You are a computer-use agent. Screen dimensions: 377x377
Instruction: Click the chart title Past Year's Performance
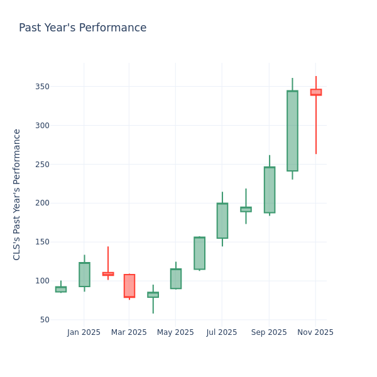point(82,28)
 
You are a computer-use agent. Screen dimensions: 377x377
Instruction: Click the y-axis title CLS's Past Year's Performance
point(17,194)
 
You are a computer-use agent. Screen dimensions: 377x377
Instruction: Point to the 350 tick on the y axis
point(42,87)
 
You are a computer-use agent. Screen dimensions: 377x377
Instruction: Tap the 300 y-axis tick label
point(42,126)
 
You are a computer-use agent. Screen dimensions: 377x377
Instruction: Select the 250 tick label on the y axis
point(42,165)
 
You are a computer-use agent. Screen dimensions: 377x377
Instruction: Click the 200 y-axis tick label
point(42,203)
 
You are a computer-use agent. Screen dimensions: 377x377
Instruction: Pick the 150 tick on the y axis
point(42,242)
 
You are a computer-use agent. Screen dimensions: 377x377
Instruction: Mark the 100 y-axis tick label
point(42,281)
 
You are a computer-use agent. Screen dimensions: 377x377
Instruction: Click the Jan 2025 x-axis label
point(84,332)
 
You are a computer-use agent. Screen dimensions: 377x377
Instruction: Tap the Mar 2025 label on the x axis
point(129,332)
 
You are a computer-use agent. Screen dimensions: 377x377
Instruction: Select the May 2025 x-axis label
point(175,332)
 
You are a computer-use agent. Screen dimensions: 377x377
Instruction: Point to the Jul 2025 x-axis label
point(221,332)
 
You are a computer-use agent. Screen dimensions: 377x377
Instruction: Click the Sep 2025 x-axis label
point(269,332)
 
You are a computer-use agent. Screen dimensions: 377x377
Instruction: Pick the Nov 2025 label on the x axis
point(315,332)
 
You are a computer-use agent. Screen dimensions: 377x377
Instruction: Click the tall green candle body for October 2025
point(292,131)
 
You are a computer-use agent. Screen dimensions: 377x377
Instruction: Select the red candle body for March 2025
point(129,286)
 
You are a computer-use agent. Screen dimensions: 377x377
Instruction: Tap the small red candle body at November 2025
point(315,92)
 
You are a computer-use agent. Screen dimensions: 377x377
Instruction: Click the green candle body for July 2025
point(222,221)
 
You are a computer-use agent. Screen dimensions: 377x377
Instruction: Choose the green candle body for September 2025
point(270,190)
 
